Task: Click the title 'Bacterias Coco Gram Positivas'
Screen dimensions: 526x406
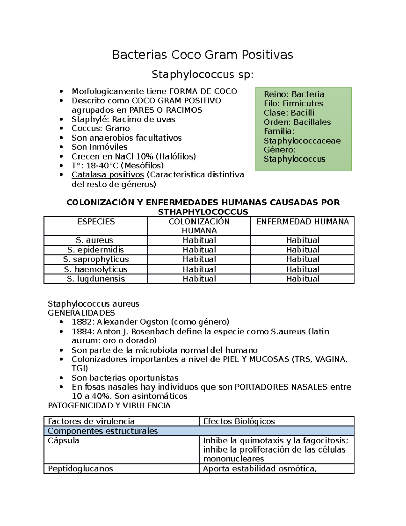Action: point(202,55)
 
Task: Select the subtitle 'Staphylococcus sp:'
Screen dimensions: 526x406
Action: point(202,74)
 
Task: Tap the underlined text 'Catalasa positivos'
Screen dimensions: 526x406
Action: point(108,175)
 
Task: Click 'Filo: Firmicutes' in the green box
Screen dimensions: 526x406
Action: point(293,103)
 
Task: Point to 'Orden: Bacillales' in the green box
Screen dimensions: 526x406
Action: point(297,122)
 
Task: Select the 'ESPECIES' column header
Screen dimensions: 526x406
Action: point(96,222)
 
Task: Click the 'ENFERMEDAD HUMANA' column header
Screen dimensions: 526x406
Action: point(302,222)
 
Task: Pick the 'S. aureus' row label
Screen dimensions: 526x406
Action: point(94,240)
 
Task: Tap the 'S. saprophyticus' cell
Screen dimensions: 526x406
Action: point(96,259)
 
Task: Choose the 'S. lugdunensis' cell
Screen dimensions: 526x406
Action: point(96,279)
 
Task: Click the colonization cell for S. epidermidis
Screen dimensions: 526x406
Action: point(199,250)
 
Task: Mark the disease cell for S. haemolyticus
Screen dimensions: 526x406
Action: point(302,269)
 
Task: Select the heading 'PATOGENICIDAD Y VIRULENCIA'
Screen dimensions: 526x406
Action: point(109,405)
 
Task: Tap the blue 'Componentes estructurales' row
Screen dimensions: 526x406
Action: point(103,431)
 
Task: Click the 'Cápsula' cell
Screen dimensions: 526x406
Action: point(64,441)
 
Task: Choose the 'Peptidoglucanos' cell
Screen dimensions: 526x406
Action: point(81,469)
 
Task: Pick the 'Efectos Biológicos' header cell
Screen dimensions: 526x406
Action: point(239,421)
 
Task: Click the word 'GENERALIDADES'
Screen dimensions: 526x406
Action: point(81,313)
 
